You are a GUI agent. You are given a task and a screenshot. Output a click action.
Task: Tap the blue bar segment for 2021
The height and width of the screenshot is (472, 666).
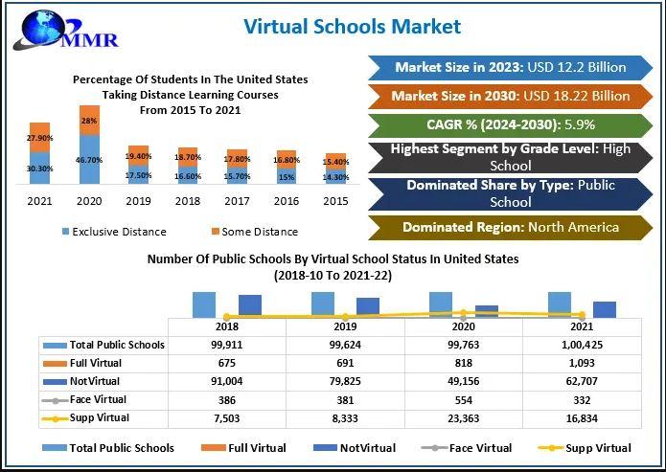coord(39,168)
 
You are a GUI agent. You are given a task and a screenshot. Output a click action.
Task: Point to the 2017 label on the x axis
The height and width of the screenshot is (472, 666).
coord(237,202)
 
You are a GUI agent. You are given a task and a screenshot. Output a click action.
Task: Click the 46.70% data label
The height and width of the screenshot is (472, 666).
coord(89,159)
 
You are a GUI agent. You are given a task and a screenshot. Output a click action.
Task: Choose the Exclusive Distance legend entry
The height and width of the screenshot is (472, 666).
coord(114,232)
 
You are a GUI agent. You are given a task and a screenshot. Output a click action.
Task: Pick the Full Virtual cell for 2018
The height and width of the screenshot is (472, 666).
coord(227,363)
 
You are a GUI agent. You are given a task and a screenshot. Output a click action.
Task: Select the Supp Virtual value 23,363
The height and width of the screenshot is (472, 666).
coord(464,417)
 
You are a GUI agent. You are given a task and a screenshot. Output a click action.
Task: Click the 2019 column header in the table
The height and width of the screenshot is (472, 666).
coord(345,326)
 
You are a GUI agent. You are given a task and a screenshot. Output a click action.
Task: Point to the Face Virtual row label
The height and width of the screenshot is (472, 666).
coord(98,399)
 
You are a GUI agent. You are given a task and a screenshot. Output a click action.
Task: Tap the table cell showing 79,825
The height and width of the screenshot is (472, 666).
coord(345,381)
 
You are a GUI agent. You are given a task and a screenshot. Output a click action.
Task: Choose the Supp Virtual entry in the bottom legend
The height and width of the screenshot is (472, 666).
coord(594,447)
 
